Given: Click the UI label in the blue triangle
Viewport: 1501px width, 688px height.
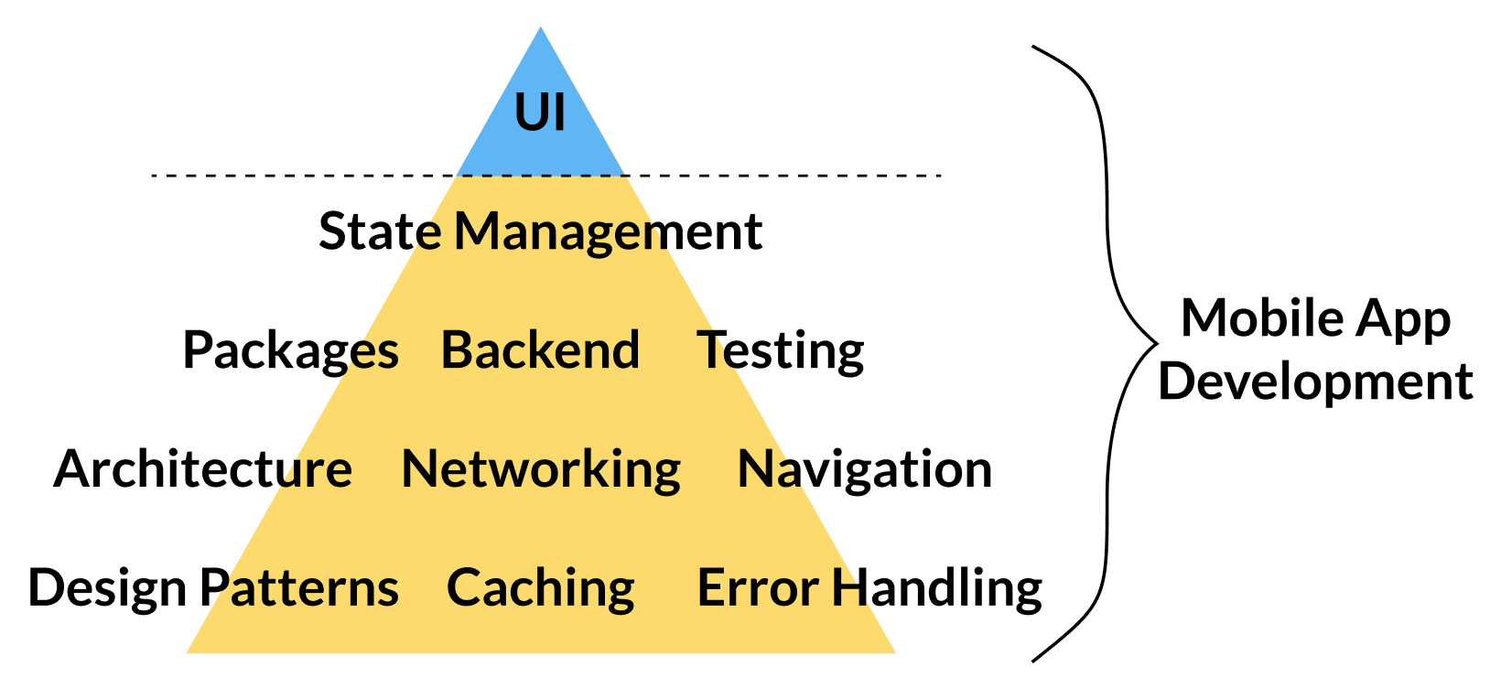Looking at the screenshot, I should coord(540,113).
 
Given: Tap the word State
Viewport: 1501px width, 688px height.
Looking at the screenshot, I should coord(380,231).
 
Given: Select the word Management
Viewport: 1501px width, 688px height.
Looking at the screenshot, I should coord(609,232).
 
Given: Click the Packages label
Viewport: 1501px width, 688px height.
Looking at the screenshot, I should coord(291,351).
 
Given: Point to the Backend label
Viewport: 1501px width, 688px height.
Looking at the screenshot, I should coord(540,349).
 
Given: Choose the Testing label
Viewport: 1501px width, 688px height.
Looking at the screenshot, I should coord(781,351).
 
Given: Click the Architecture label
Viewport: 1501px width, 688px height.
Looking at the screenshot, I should coord(203,469).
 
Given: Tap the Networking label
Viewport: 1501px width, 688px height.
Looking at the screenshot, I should coord(541,470).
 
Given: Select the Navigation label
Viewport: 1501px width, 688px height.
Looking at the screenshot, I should coord(865,470).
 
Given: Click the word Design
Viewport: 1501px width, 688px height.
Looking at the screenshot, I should coord(108,589).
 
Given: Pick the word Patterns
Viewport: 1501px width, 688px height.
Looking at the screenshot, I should coord(299,587).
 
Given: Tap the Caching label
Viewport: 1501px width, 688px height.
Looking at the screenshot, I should coord(541,588).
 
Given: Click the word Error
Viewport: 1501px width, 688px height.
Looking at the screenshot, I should coord(757,587).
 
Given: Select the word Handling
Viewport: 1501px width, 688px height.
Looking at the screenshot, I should coord(937,588).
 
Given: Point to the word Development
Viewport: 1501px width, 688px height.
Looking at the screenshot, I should coord(1315,382).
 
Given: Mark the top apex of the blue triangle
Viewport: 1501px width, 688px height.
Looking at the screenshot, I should coord(540,28).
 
